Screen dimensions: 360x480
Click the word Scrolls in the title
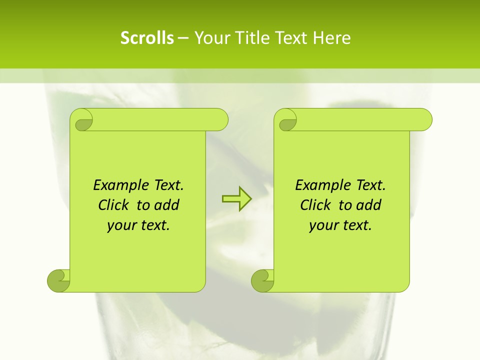point(147,38)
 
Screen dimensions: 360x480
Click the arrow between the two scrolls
point(236,199)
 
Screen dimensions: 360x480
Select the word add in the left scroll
point(167,205)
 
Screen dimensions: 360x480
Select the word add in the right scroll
point(369,205)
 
